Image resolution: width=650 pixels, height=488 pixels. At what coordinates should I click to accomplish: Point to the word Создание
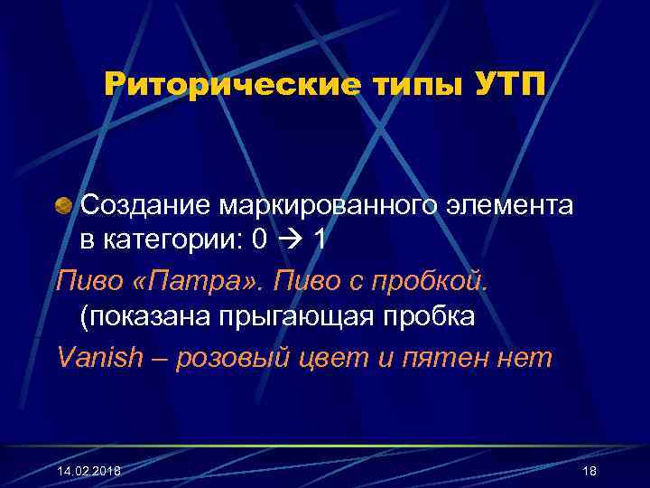click(144, 206)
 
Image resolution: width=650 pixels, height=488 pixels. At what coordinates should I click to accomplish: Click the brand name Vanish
click(100, 358)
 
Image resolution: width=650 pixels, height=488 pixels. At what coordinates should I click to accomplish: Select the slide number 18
click(590, 471)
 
